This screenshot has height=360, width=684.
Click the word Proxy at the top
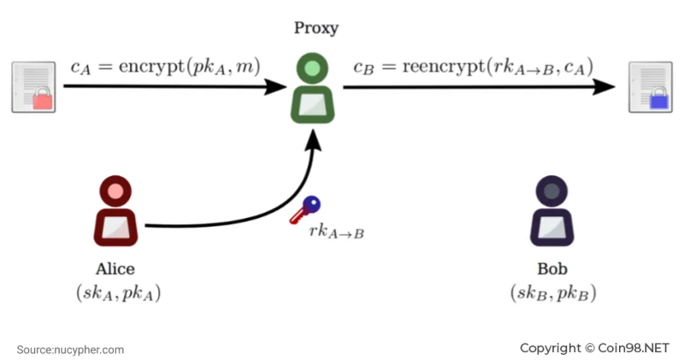[x=316, y=28]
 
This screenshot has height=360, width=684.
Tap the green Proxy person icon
[x=312, y=88]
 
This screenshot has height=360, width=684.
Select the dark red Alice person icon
[x=115, y=210]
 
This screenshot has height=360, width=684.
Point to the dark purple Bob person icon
[x=551, y=210]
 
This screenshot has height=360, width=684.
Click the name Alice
[x=115, y=269]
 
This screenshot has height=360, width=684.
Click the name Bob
[x=552, y=269]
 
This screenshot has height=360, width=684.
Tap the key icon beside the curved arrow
[x=305, y=210]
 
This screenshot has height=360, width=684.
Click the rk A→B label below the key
[x=336, y=232]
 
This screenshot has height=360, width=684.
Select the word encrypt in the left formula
[x=152, y=67]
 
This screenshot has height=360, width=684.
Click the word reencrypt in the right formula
[x=444, y=67]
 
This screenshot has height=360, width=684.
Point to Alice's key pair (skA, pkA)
[x=119, y=292]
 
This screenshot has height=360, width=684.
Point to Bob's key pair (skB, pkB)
[x=553, y=292]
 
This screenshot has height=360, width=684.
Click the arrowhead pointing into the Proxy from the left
[x=275, y=86]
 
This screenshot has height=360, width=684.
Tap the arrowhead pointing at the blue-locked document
[x=604, y=87]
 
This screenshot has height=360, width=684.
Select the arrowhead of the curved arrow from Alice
[x=312, y=139]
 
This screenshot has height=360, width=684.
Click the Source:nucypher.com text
[x=70, y=350]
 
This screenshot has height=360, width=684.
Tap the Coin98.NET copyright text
[x=594, y=348]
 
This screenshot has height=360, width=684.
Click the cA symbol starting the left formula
[x=80, y=68]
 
